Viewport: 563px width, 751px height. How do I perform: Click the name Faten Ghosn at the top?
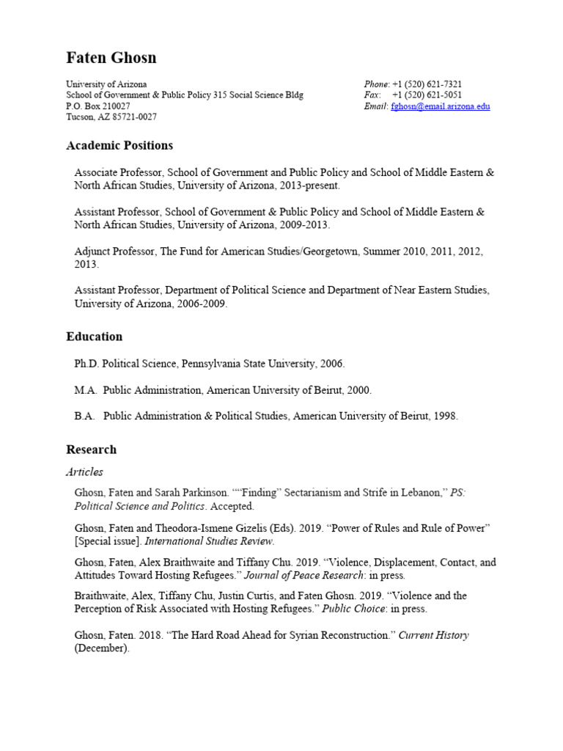(111, 58)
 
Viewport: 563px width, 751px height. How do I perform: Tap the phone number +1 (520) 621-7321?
(427, 84)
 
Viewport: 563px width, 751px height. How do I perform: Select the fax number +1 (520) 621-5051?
(427, 95)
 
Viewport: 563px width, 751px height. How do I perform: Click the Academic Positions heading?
(119, 145)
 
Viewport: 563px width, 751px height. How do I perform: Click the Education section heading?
(94, 337)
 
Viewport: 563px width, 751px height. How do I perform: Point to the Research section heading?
(91, 450)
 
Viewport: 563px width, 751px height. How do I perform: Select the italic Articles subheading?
(84, 472)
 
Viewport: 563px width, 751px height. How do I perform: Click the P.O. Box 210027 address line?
(98, 106)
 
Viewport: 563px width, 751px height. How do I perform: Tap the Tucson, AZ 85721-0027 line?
(111, 117)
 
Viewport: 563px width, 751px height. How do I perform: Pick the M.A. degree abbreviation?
(85, 390)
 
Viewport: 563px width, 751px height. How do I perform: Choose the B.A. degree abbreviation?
(84, 416)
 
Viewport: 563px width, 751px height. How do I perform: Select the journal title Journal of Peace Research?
(304, 575)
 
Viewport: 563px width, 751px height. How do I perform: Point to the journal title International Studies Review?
(209, 542)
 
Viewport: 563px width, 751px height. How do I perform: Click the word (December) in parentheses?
(101, 648)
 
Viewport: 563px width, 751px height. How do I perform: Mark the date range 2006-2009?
(202, 304)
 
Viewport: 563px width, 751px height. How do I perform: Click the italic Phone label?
(376, 84)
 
